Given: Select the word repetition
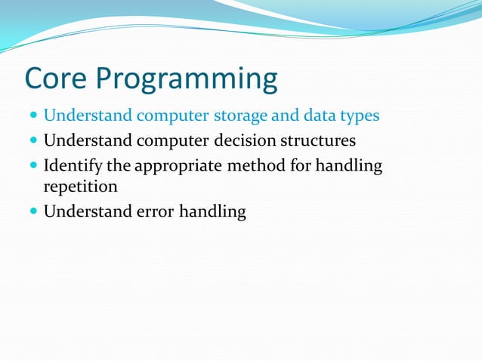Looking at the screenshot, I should point(80,186).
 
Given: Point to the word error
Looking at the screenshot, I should point(155,211).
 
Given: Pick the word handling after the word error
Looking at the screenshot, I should point(212,212).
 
